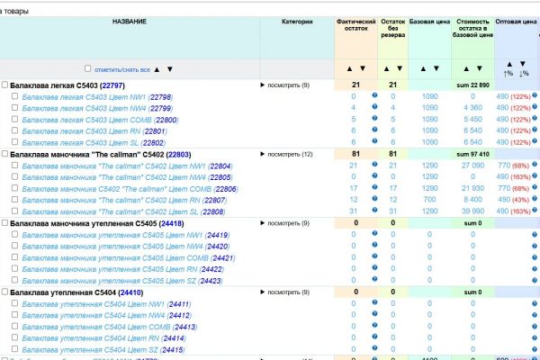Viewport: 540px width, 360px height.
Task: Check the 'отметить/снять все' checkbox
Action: coord(87,68)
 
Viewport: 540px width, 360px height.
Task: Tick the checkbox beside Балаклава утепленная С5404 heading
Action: coord(4,292)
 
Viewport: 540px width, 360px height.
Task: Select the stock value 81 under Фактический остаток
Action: coord(355,155)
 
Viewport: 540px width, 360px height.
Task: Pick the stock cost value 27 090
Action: coord(472,166)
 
